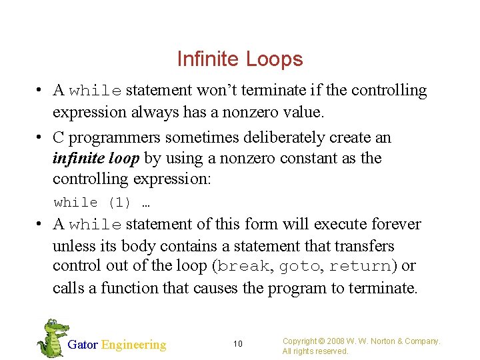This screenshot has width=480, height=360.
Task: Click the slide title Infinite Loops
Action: coord(240,59)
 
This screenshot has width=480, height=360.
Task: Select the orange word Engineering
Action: coord(133,345)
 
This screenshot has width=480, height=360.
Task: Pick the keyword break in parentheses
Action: coord(243,266)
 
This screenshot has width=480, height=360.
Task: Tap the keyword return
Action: coord(360,266)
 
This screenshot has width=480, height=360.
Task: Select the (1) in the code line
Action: coord(119,202)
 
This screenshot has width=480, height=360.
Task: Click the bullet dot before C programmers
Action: coord(41,137)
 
